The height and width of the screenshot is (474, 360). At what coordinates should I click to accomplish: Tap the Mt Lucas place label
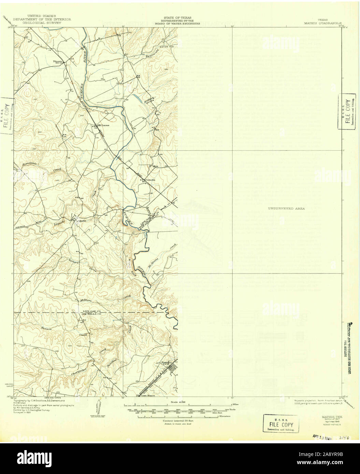(x=103, y=125)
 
